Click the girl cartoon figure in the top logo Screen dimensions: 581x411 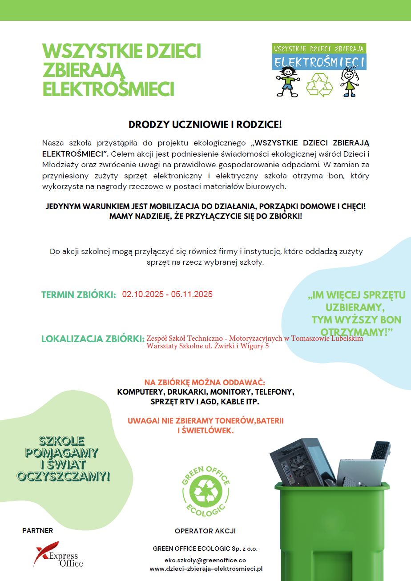pos(349,81)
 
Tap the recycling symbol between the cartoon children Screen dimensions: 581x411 pos(319,84)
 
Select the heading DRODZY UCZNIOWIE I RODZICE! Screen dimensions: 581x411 pos(205,125)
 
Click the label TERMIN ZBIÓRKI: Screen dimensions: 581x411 pos(79,295)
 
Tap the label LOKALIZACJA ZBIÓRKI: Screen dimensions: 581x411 pos(93,339)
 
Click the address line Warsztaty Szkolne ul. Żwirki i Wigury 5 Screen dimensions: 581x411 pos(208,346)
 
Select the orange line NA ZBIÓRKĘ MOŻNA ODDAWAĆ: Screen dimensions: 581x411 pos(205,383)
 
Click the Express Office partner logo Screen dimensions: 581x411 pos(58,554)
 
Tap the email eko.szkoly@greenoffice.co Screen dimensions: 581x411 pos(205,560)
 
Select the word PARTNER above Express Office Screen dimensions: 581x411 pos(38,530)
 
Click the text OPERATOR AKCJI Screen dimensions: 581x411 pos(205,531)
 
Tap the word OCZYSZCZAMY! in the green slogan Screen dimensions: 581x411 pos(63,476)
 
